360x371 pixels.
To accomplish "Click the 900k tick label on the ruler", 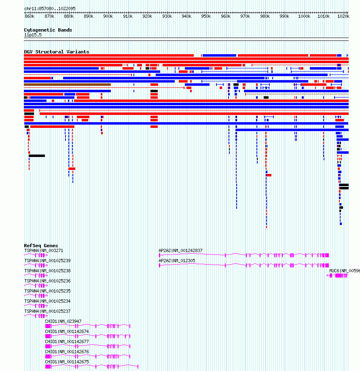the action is tap(108, 16).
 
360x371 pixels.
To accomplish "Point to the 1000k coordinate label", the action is tap(304, 16).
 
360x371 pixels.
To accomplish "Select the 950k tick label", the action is tap(206, 16).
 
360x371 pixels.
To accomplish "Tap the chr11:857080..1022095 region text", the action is tap(50, 8).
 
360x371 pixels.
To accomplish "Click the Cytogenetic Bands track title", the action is tap(48, 30).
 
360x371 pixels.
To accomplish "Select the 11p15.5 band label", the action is tap(33, 35).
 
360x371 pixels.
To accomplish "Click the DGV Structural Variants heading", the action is tap(57, 52).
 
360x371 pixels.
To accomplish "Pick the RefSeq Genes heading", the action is tap(41, 246).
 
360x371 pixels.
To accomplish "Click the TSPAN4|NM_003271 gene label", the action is tap(44, 250).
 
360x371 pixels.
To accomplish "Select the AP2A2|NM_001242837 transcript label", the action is tap(180, 250).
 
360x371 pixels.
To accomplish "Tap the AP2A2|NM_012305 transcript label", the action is tap(177, 261).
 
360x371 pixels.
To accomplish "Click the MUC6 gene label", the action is tap(345, 271).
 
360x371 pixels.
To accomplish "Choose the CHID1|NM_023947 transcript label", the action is tap(63, 321).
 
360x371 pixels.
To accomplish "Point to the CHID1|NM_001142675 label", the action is tap(67, 362).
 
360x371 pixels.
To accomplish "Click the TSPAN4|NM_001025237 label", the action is tap(48, 311).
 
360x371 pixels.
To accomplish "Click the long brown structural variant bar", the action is tap(68, 85).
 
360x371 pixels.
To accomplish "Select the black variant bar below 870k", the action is tap(37, 156).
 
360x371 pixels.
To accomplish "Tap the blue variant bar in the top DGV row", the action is tap(220, 55).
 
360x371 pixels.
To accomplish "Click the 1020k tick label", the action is tap(343, 16).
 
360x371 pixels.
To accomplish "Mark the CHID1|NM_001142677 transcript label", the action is tap(67, 341).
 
